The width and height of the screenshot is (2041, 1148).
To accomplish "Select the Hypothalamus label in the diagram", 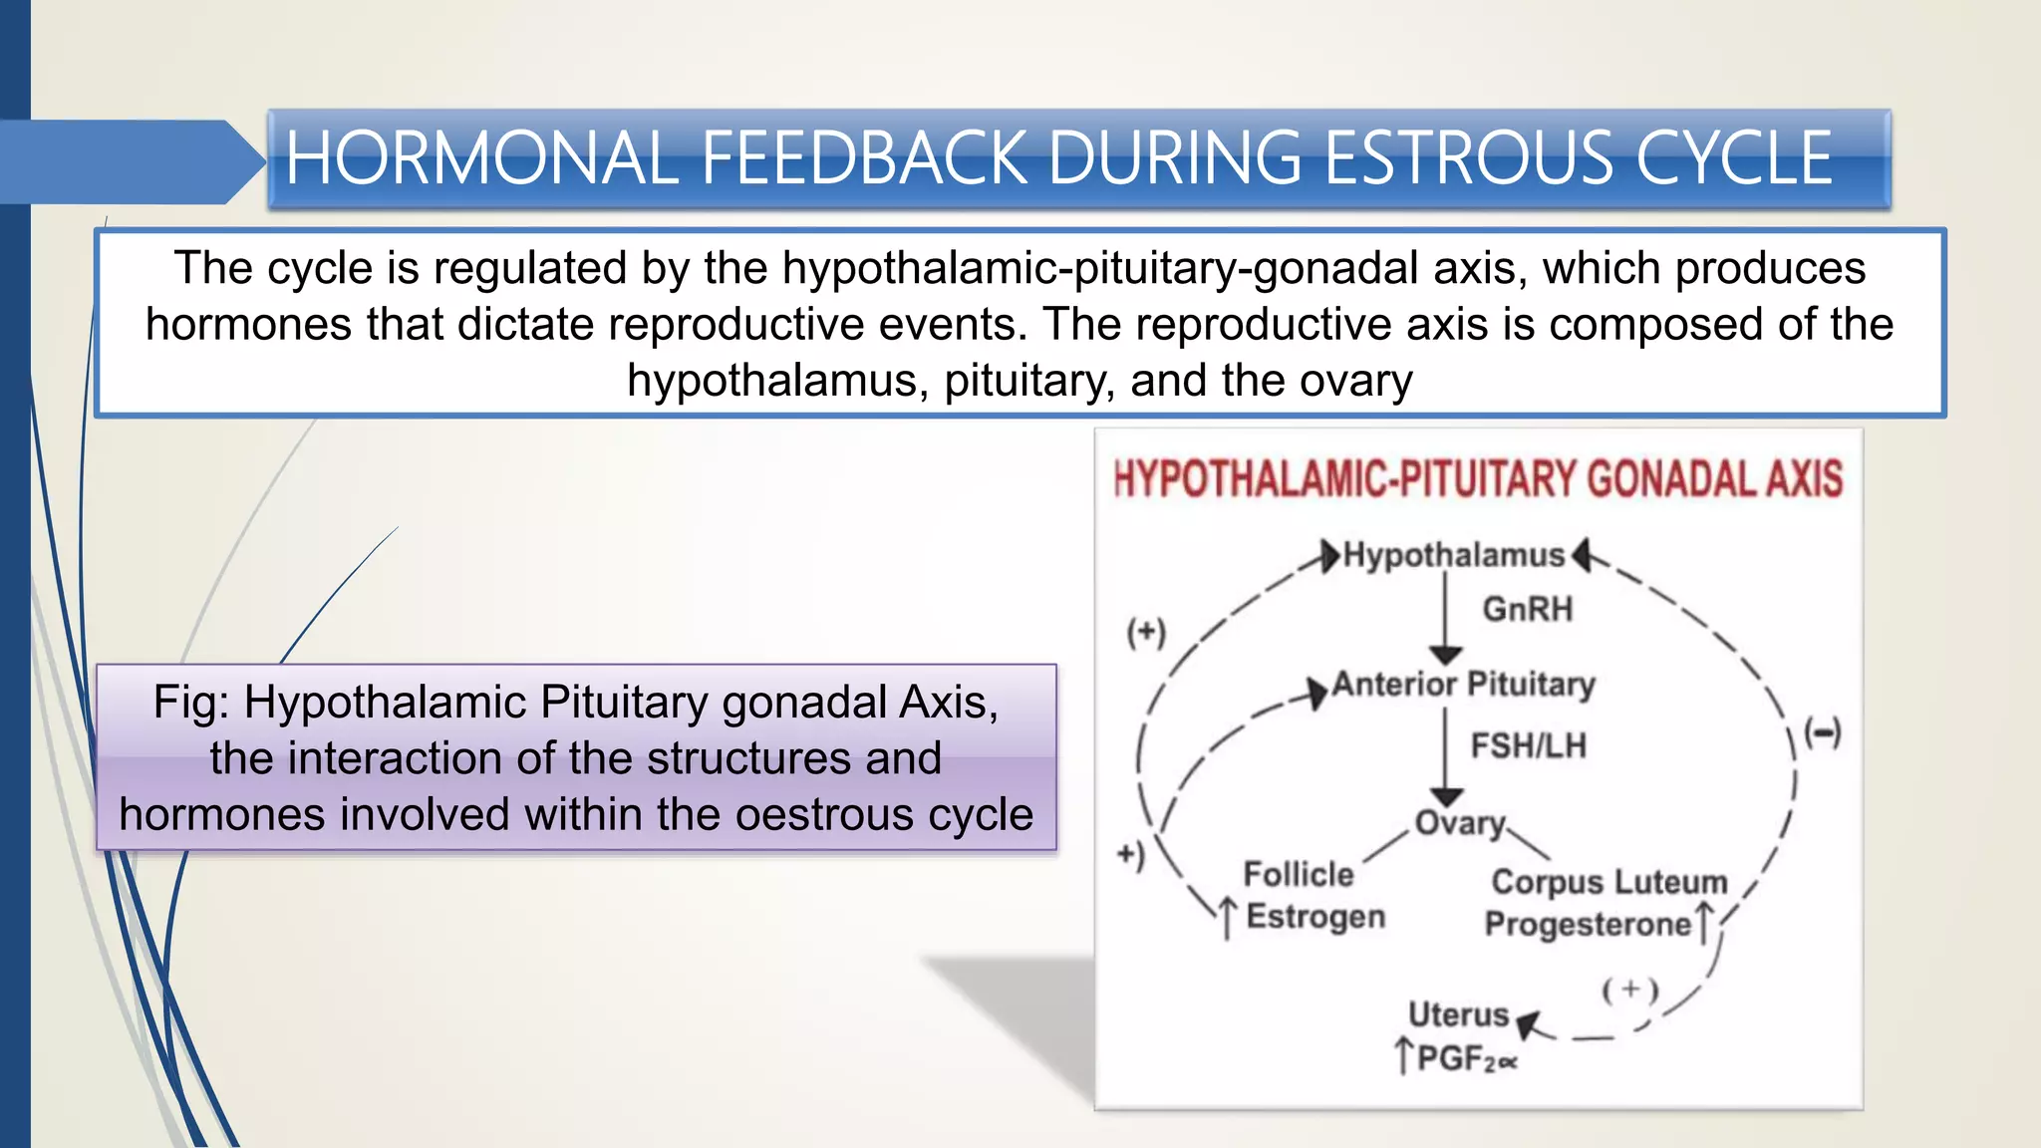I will tap(1454, 555).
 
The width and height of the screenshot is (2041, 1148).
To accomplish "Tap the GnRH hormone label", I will tap(1527, 609).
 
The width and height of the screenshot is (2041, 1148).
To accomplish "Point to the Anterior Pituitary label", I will tap(1464, 685).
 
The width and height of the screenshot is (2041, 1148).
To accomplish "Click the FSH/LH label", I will tap(1528, 745).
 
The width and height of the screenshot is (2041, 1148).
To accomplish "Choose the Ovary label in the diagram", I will tap(1460, 823).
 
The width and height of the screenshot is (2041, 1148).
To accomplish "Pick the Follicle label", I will tap(1298, 874).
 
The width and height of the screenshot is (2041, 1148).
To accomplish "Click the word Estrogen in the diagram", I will tap(1315, 917).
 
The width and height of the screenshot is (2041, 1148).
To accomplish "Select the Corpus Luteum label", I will tap(1608, 882).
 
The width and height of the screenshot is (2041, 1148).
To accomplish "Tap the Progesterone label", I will tap(1588, 925).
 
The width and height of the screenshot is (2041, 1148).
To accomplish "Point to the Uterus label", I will tap(1458, 1014).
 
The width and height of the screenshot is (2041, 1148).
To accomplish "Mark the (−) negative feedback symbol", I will tap(1824, 734).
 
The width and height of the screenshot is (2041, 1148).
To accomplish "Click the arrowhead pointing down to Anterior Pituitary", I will tap(1446, 655).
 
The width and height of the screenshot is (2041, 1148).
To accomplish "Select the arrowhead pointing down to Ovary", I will tap(1446, 796).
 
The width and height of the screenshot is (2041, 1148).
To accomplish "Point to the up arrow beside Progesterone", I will tap(1705, 922).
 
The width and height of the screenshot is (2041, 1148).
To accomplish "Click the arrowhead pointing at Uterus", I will tap(1529, 1023).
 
